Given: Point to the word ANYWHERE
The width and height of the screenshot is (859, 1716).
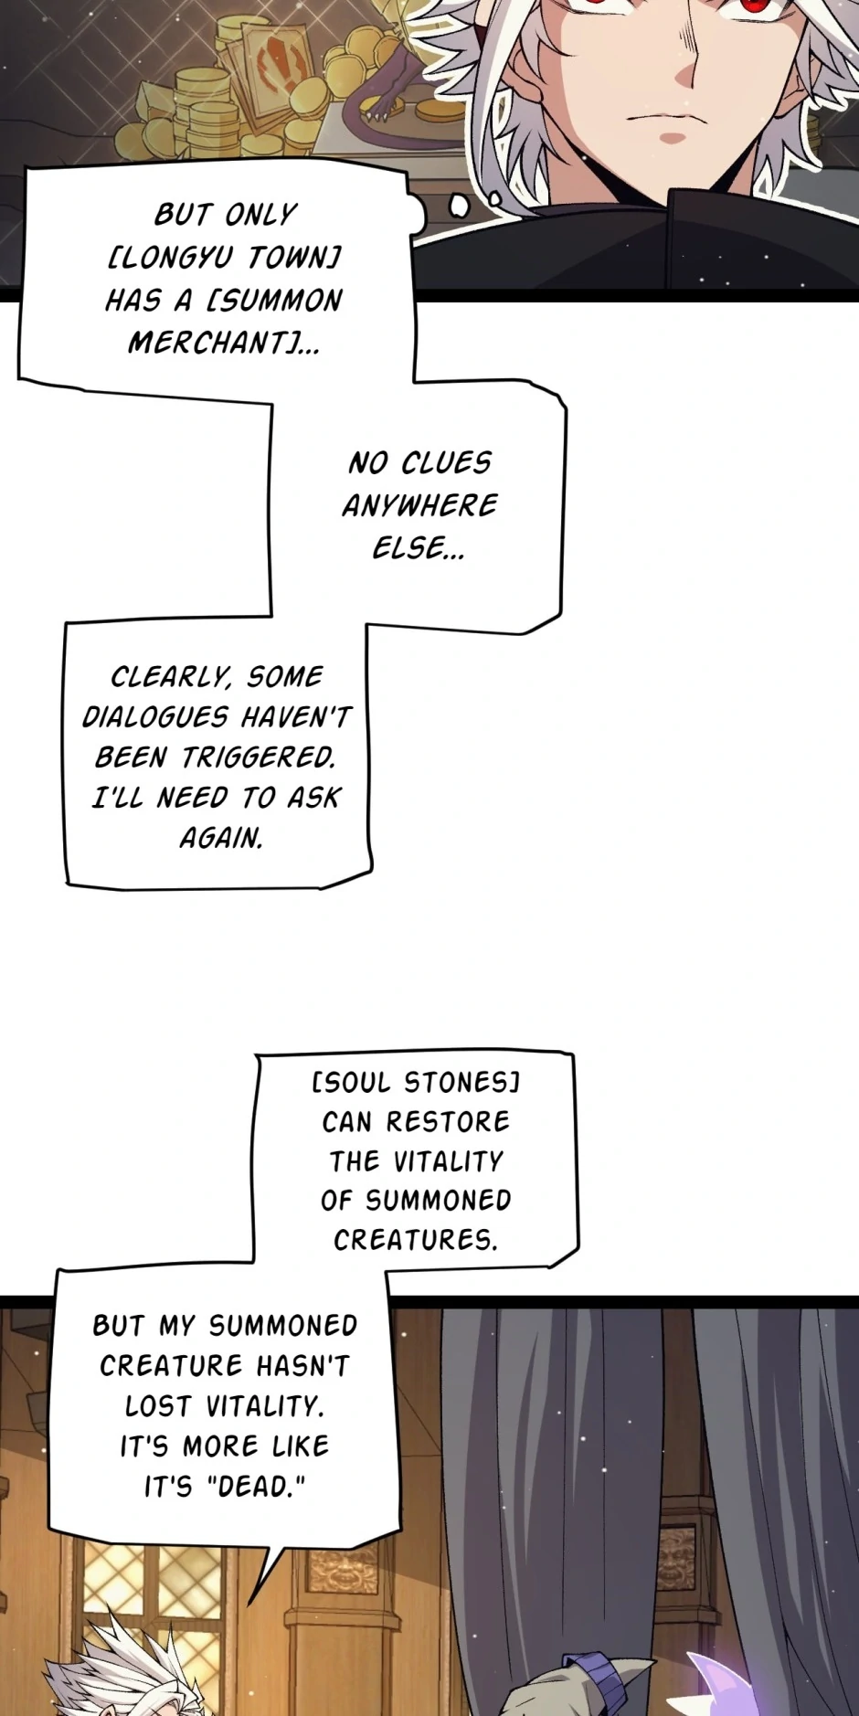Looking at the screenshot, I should [419, 505].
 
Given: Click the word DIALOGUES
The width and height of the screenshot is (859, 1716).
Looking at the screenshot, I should [154, 717].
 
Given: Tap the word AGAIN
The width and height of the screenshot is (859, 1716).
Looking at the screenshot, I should [221, 838].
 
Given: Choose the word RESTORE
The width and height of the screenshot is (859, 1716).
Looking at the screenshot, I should [448, 1122].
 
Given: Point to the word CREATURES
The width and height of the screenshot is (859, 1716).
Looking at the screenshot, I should [415, 1240].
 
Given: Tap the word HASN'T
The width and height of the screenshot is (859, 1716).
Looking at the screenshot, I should [302, 1366].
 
